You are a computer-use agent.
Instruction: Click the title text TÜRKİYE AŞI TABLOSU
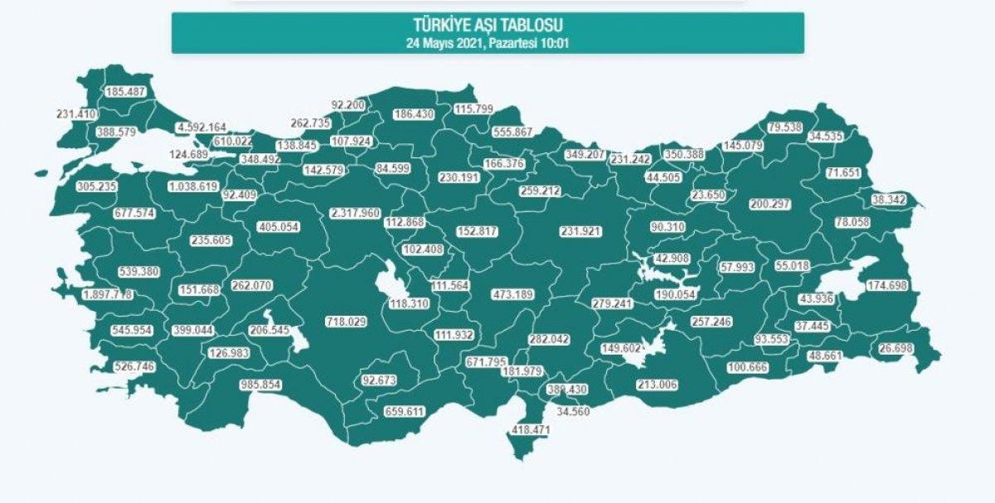coord(487,26)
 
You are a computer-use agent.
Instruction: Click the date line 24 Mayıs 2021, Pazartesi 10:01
coord(487,41)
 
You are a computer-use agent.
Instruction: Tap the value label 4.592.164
coord(201,128)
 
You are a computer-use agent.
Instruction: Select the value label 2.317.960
coord(356,213)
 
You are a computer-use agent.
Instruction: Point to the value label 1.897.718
coord(108,295)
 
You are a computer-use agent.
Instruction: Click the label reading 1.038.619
coord(192,187)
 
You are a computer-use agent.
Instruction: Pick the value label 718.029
coord(349,321)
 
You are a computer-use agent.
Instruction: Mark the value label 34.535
coord(842,135)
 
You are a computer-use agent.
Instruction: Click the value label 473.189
coord(514,293)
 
